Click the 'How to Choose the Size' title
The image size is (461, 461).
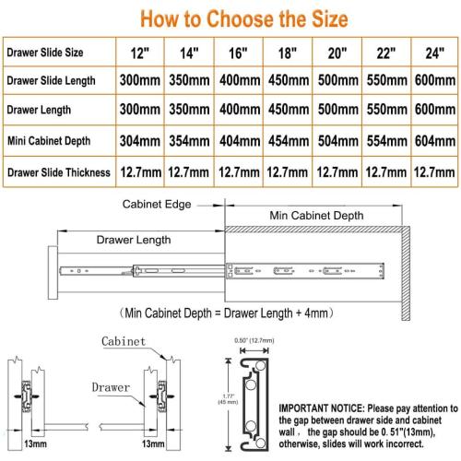[244, 19]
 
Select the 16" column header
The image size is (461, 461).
[238, 53]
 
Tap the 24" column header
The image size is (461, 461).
[435, 53]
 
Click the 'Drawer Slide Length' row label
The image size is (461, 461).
[51, 81]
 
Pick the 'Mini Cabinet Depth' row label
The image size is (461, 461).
[49, 141]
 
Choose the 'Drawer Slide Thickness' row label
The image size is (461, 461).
[59, 172]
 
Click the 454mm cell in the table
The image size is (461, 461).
[289, 141]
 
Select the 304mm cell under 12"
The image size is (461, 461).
[140, 141]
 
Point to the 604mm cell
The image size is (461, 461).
[435, 141]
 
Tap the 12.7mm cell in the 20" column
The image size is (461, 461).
[337, 172]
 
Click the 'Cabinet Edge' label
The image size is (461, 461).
[157, 205]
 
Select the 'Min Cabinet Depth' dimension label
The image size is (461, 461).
[316, 216]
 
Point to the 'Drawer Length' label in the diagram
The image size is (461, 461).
[134, 240]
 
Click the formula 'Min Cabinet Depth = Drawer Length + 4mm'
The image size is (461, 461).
[227, 313]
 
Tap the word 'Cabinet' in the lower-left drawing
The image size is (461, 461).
[124, 341]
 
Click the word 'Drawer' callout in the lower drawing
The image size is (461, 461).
[111, 387]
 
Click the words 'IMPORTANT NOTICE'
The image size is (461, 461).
[322, 408]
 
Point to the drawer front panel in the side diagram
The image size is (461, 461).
[53, 272]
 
